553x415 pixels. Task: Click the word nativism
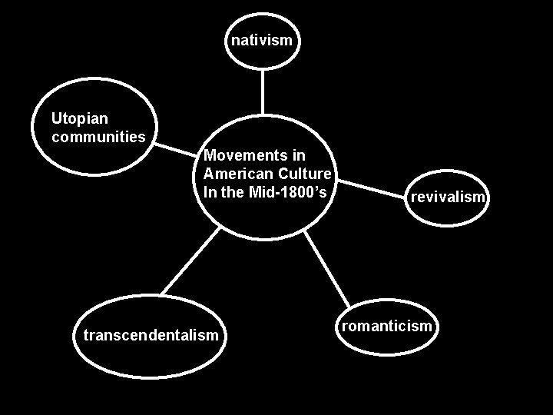(262, 40)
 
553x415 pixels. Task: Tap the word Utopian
(79, 119)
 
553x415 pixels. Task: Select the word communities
(98, 138)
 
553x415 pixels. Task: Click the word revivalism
(448, 197)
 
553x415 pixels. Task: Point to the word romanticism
(387, 327)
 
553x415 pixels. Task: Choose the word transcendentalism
(151, 335)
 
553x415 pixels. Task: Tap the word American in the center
(235, 174)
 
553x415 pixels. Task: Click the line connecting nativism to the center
(263, 92)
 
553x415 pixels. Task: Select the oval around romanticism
(387, 350)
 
